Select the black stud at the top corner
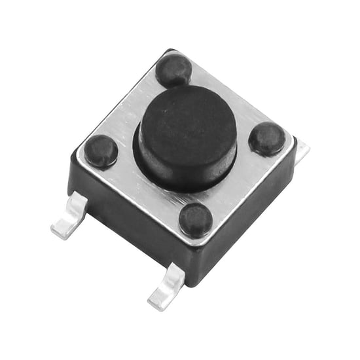click(173, 69)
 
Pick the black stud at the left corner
click(101, 151)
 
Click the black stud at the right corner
click(267, 139)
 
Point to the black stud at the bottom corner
click(196, 219)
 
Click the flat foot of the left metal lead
click(64, 226)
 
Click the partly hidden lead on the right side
click(302, 153)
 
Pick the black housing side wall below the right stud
click(262, 209)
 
